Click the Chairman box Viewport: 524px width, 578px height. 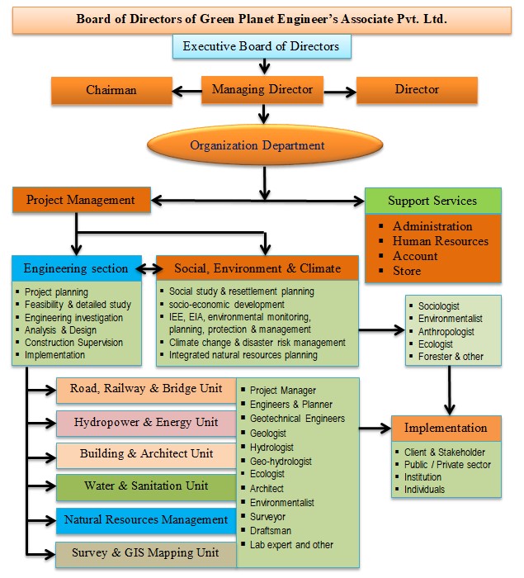click(x=111, y=89)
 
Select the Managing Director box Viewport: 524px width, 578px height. click(x=262, y=89)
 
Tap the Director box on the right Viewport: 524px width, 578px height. click(x=417, y=89)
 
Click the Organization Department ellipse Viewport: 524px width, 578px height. click(x=257, y=145)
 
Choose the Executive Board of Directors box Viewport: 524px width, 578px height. click(x=262, y=46)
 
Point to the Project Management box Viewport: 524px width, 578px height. click(x=80, y=200)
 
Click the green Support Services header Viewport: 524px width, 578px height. click(x=432, y=201)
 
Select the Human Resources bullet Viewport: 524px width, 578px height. click(x=440, y=241)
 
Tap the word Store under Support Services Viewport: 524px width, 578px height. click(x=407, y=271)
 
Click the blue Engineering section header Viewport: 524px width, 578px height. click(x=76, y=268)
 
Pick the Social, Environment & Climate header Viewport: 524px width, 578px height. click(x=257, y=268)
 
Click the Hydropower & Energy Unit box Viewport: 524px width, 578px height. click(x=146, y=422)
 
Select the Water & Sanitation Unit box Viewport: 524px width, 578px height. click(x=146, y=486)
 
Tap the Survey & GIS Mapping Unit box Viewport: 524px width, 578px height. click(x=146, y=553)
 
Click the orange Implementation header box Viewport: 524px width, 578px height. click(x=446, y=429)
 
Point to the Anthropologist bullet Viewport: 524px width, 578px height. click(x=449, y=331)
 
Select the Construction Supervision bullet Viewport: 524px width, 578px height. click(x=73, y=343)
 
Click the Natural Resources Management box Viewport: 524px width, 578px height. click(x=146, y=520)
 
